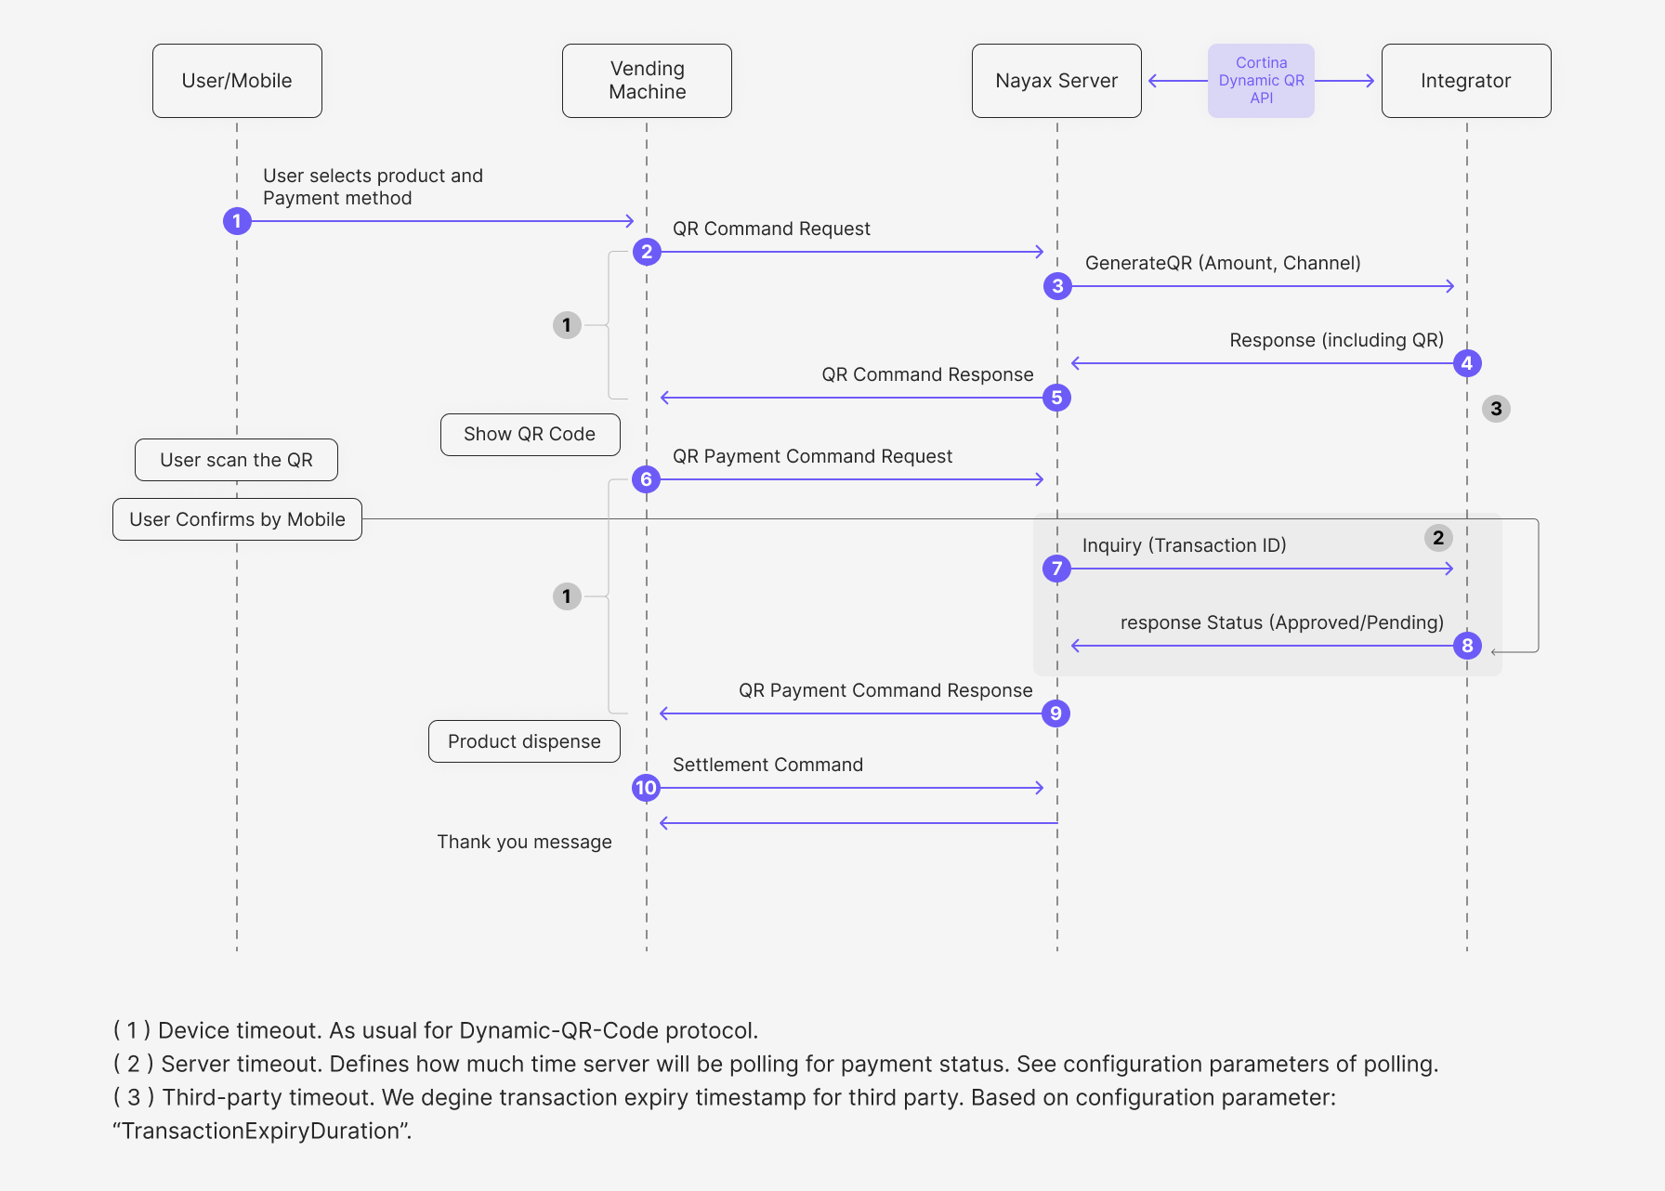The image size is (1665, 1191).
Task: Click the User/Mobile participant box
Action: [237, 81]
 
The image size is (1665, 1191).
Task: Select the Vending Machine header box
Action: [647, 81]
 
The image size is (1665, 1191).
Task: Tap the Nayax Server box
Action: [1056, 81]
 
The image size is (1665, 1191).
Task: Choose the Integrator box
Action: [1466, 81]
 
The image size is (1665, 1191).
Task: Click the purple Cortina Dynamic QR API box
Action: [1261, 81]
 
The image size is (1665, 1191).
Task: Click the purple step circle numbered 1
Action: [237, 221]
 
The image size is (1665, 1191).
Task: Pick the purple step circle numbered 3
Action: [1057, 286]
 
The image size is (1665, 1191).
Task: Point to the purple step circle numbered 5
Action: [1056, 398]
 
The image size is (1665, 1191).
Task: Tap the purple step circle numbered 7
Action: [1056, 569]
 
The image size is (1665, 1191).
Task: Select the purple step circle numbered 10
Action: [646, 788]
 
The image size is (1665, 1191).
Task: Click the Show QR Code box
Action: [530, 435]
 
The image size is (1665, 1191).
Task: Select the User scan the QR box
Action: [236, 460]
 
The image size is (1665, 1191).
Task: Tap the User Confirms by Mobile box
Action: [237, 519]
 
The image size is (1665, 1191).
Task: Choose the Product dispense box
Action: [524, 741]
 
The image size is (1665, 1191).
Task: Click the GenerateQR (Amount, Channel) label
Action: [1223, 263]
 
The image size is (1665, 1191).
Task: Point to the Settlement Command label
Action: [767, 765]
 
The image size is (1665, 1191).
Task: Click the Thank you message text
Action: [524, 842]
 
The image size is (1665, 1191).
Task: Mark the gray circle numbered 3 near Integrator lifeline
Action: [1496, 409]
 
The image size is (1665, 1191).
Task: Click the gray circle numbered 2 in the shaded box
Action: [1438, 538]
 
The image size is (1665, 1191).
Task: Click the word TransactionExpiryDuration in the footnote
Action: [261, 1131]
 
